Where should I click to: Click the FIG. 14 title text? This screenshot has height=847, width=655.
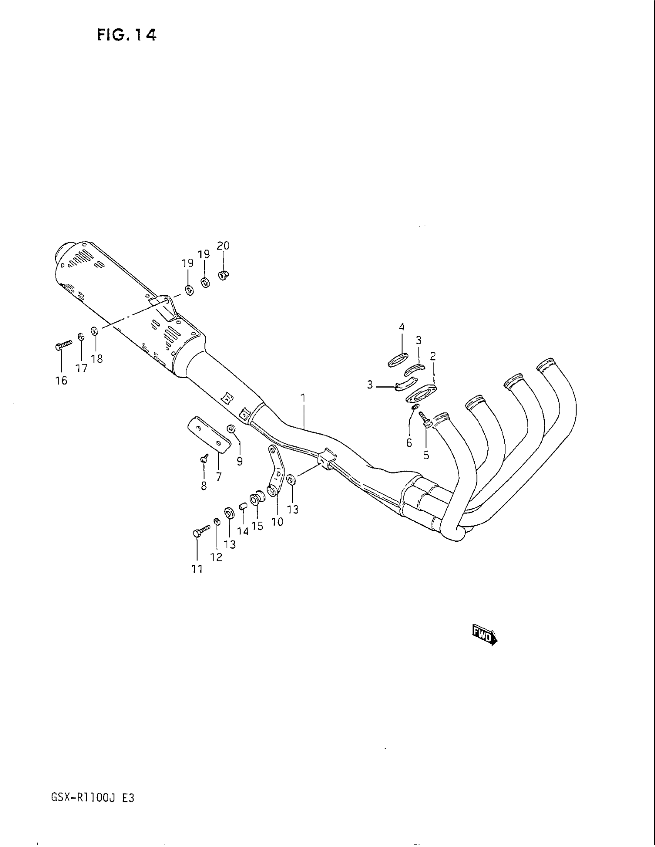pos(127,36)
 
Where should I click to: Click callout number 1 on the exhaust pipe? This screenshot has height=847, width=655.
pos(303,398)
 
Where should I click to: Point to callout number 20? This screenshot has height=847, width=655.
pos(223,246)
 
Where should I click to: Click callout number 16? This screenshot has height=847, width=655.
pos(61,380)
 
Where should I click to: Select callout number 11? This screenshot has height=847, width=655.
pos(197,569)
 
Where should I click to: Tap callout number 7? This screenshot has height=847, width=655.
pos(219,476)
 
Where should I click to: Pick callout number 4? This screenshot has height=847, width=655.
pos(401,327)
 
